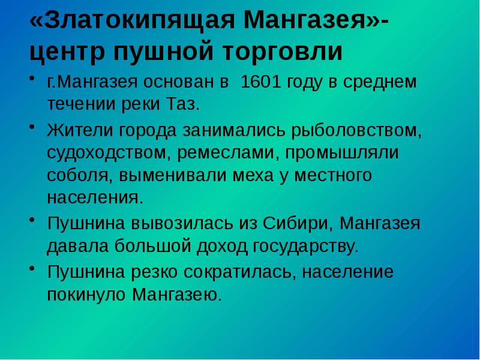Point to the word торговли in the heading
point(283,53)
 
